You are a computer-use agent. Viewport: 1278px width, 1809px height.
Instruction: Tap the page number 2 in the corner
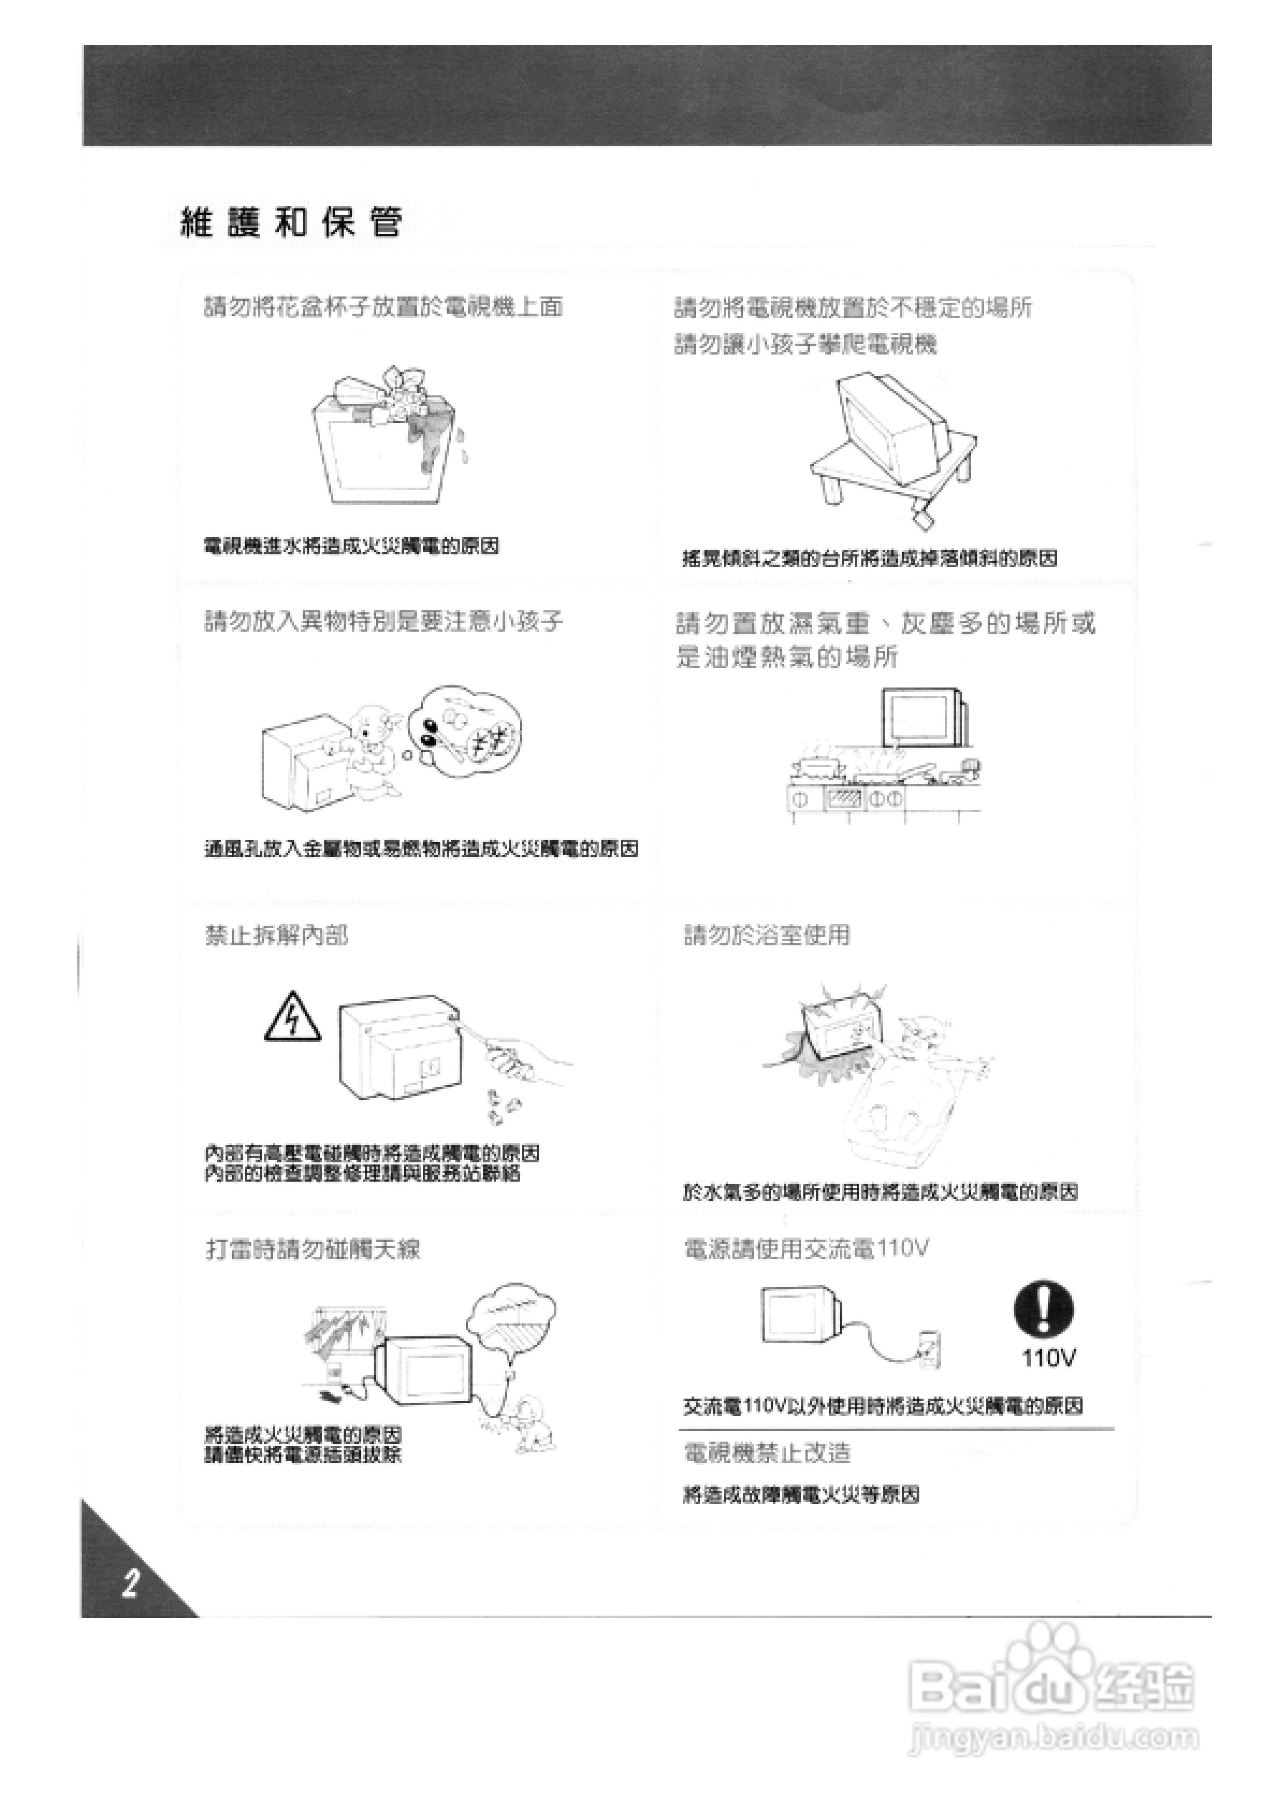(130, 1583)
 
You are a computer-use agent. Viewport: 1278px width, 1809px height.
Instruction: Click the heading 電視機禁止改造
(767, 1453)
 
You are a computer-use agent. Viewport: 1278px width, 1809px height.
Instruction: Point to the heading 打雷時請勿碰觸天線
(313, 1249)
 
